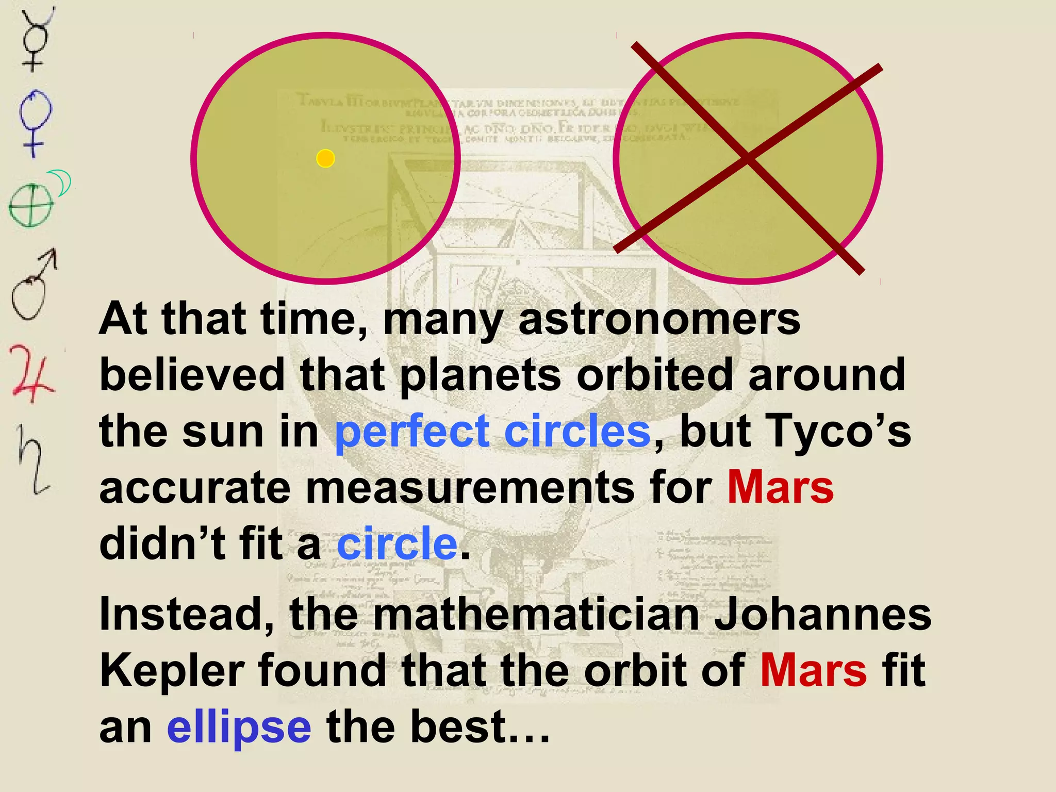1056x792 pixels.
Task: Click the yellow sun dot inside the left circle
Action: pyautogui.click(x=325, y=158)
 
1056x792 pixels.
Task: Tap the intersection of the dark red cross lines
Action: pyautogui.click(x=748, y=158)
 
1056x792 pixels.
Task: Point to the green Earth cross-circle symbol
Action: pyautogui.click(x=31, y=205)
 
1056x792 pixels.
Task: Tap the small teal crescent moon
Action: pyautogui.click(x=62, y=183)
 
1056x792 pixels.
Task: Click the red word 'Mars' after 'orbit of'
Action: pyautogui.click(x=813, y=670)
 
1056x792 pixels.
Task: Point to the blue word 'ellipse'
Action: pyautogui.click(x=239, y=727)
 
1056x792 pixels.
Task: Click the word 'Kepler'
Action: pyautogui.click(x=172, y=670)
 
